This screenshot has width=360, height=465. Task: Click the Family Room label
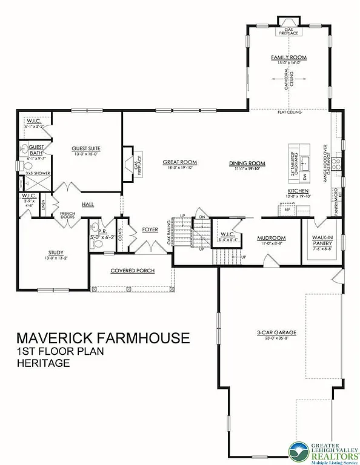(288, 58)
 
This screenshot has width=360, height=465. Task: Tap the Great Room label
(181, 162)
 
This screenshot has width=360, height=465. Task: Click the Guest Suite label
(85, 148)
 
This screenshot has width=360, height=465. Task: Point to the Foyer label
(150, 229)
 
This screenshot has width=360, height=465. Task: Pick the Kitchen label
(299, 191)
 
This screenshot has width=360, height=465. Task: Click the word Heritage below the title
(44, 364)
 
